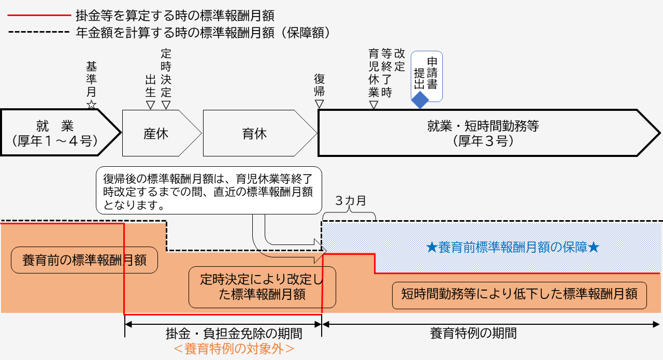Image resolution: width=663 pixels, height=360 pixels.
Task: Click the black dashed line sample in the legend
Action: tap(38, 32)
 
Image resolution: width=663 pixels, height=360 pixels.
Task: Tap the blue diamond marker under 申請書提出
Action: tap(420, 100)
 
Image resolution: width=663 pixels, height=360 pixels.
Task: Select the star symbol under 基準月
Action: tap(92, 105)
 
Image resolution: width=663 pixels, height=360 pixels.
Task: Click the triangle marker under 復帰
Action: tap(320, 104)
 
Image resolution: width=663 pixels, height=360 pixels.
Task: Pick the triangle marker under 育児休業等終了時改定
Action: tap(373, 105)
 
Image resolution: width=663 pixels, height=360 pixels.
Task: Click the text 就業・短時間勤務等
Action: tap(483, 126)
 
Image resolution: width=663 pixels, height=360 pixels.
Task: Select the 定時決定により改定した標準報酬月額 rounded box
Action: tap(262, 287)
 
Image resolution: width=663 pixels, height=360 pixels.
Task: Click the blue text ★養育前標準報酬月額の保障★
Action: tap(512, 248)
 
